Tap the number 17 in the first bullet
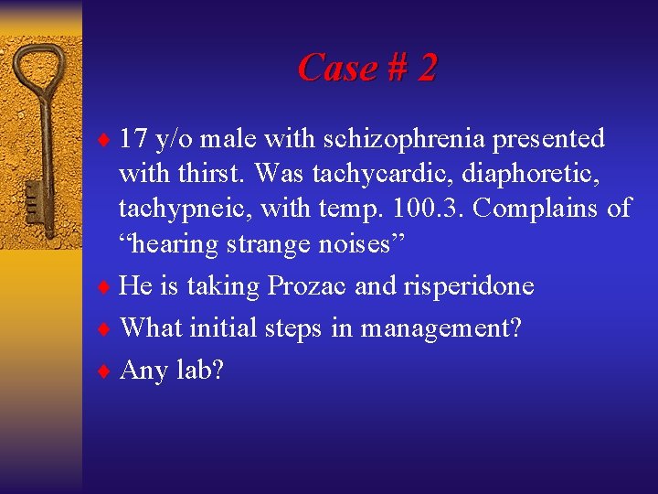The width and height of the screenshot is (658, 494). [x=134, y=139]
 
